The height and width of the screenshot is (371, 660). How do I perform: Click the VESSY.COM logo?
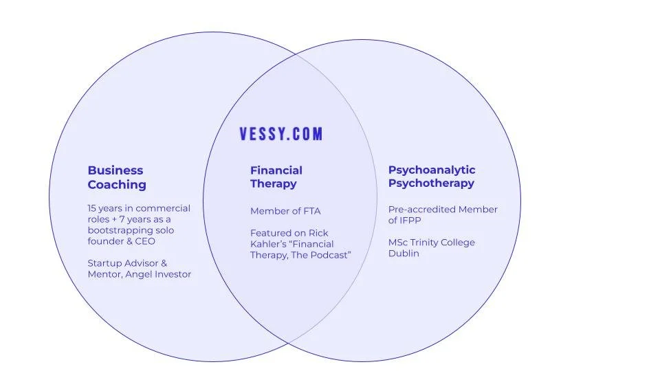280,134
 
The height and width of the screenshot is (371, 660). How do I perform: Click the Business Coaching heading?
116,177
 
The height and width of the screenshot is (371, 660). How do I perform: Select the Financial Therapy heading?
276,177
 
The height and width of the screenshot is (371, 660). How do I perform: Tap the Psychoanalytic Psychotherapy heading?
431,177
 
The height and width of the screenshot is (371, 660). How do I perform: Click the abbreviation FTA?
311,211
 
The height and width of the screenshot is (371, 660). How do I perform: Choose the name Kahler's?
267,244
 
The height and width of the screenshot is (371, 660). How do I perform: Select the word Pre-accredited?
421,210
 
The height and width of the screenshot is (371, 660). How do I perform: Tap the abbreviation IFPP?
411,221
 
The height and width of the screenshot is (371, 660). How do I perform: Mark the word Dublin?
404,254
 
